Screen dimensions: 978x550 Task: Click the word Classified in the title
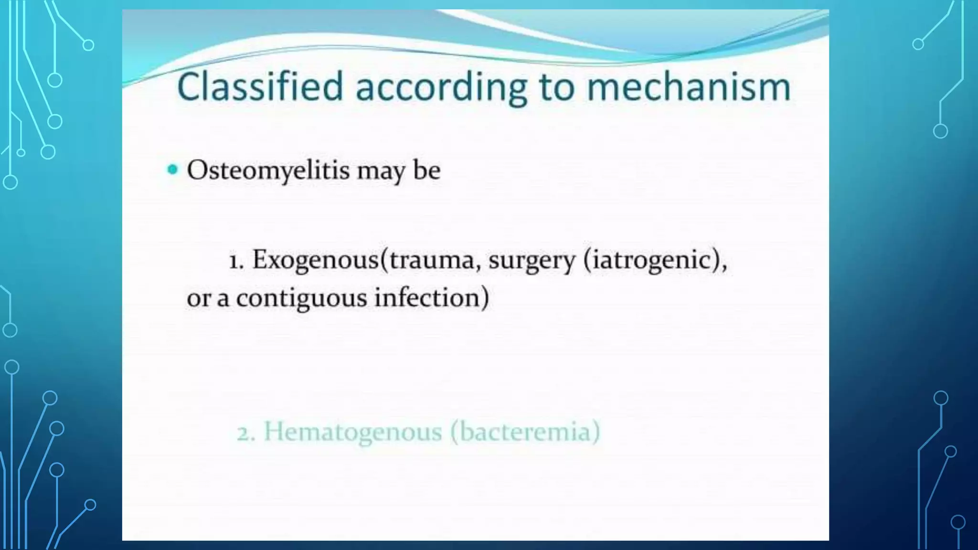pyautogui.click(x=260, y=86)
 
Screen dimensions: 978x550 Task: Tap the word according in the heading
pyautogui.click(x=441, y=89)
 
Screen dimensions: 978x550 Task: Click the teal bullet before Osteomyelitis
pyautogui.click(x=172, y=169)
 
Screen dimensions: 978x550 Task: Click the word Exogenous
pyautogui.click(x=315, y=261)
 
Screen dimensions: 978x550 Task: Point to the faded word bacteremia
pyautogui.click(x=524, y=432)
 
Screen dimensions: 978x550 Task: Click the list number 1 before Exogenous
pyautogui.click(x=236, y=262)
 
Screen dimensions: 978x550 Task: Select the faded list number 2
pyautogui.click(x=246, y=434)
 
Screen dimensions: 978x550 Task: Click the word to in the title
pyautogui.click(x=556, y=88)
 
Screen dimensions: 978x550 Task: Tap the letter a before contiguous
pyautogui.click(x=223, y=299)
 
